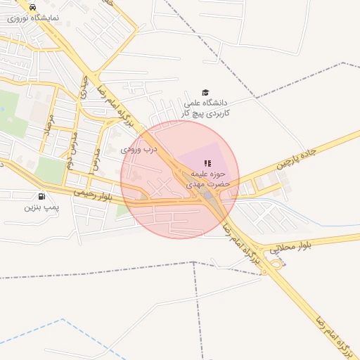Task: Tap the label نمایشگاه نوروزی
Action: click(x=33, y=18)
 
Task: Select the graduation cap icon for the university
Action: click(x=205, y=92)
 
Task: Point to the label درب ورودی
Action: click(x=141, y=149)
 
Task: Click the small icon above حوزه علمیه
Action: click(x=207, y=162)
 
